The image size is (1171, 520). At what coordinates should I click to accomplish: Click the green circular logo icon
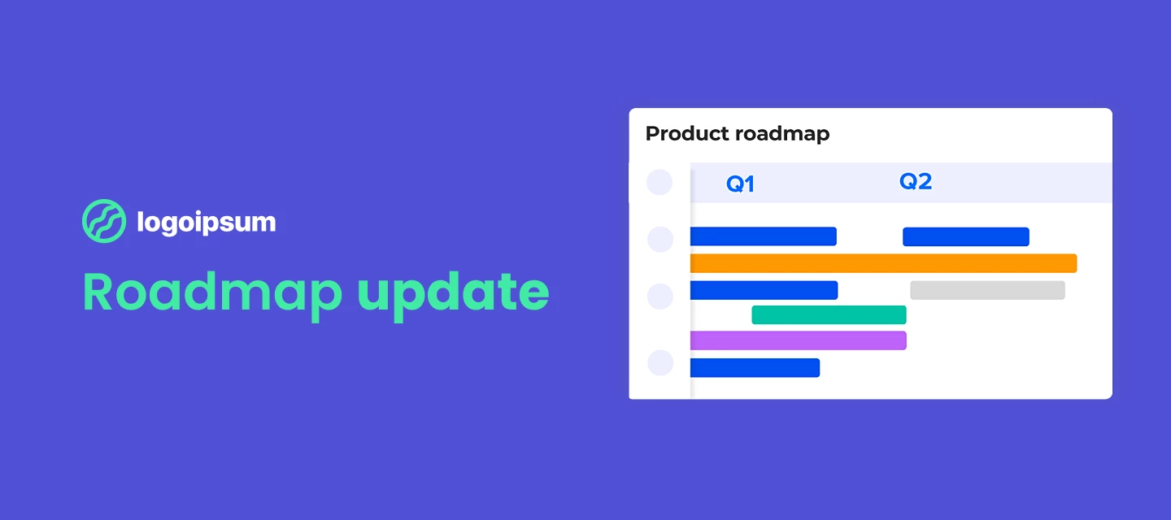coord(104,221)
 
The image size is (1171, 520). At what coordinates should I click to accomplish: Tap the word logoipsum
coord(207,222)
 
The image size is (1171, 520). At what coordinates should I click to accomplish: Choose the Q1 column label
coord(740,184)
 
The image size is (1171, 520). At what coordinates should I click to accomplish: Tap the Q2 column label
coord(915,182)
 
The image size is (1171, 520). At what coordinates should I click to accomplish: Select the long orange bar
coord(883,263)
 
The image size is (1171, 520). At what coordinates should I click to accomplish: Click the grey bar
coord(987,290)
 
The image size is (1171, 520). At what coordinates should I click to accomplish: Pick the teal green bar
coord(829,315)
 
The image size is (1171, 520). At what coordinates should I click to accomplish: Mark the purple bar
coord(798,340)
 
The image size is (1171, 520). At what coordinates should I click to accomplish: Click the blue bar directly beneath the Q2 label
coord(965,236)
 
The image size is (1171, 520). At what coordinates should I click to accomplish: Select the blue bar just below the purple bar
coord(755,368)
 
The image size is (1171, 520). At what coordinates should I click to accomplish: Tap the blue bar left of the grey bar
coord(764,290)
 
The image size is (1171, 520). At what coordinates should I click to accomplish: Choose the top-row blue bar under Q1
coord(763,236)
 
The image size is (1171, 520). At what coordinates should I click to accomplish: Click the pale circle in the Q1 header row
coord(660,183)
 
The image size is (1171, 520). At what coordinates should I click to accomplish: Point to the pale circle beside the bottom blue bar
coord(660,363)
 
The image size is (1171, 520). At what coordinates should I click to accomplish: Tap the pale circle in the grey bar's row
coord(660,297)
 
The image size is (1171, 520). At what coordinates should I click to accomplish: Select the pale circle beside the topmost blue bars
coord(660,240)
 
